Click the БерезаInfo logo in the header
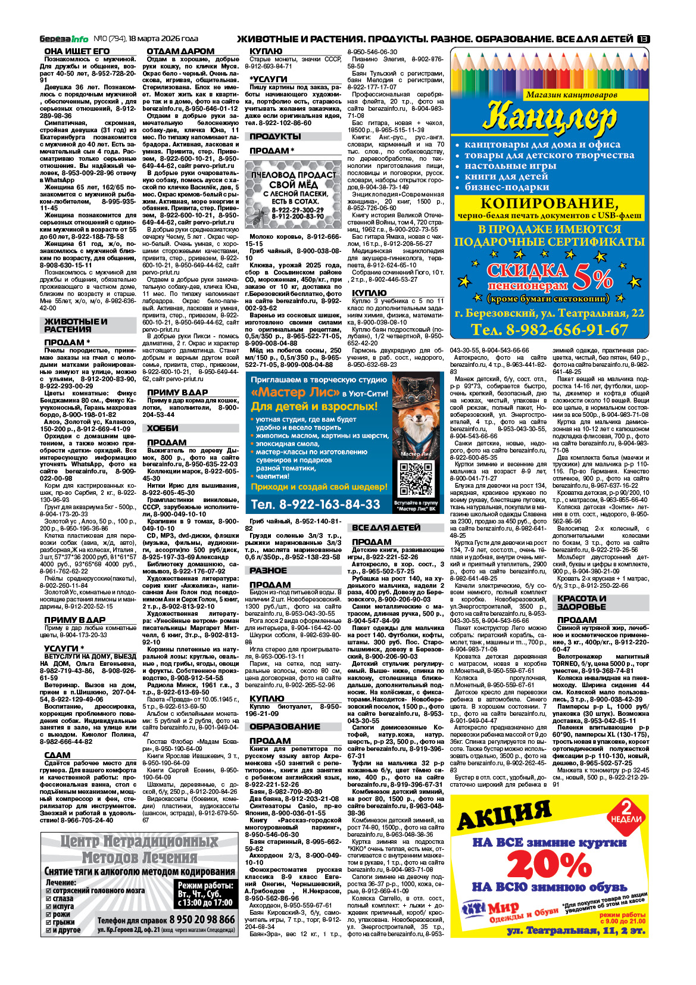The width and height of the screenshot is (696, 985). coord(64,39)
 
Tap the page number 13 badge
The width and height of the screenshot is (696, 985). coord(643,39)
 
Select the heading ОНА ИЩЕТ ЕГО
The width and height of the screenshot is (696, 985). coord(77,51)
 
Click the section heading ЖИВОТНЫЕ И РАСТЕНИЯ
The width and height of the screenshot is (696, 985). coord(76,325)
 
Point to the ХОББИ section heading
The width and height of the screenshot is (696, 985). coord(163,428)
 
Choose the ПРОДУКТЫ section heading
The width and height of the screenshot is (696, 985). coord(275,136)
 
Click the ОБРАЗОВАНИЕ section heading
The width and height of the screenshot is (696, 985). coord(285,727)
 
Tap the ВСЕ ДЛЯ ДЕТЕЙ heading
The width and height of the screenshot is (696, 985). coord(386,528)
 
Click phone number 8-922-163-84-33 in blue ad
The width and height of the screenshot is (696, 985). coord(316,504)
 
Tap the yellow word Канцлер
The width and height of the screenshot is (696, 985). coord(549,117)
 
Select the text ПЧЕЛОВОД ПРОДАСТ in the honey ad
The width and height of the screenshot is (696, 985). coord(294,174)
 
